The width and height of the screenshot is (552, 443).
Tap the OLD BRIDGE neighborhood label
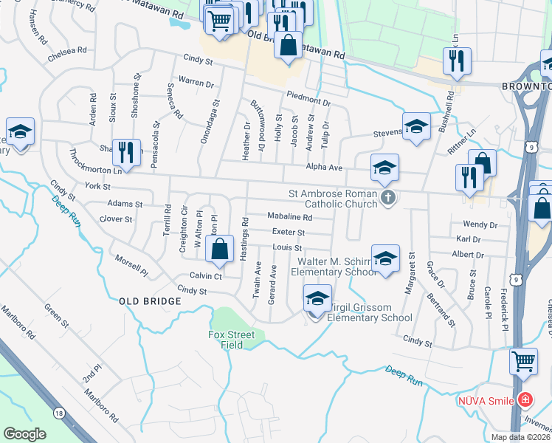[x=150, y=301]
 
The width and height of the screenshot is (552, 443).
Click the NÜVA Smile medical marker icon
[x=525, y=400]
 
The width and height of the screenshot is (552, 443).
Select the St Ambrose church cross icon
[x=389, y=196]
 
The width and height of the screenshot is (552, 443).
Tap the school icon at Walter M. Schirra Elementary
[x=384, y=258]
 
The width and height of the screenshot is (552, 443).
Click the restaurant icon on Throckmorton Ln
[x=126, y=153]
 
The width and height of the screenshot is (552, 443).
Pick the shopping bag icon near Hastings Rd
[x=220, y=249]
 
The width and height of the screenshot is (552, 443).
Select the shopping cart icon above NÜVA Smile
[x=523, y=362]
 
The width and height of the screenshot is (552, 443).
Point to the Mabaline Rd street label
[x=289, y=218]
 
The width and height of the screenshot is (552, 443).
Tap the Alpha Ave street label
[x=325, y=168]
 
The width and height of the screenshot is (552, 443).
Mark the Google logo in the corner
[x=25, y=434]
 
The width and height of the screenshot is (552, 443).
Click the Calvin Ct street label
[x=206, y=275]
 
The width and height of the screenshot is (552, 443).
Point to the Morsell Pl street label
[x=131, y=267]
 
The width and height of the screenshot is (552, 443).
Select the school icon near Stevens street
[x=416, y=126]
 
